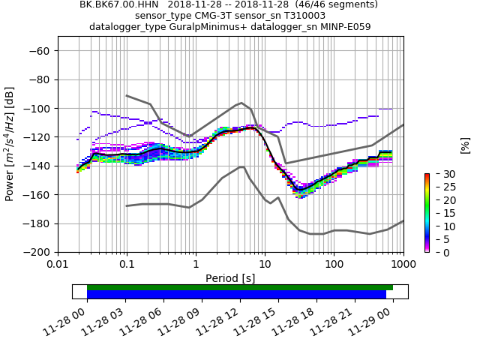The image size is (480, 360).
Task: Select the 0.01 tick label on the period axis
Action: coord(58,264)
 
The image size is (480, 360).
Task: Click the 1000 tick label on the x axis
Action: coord(403,264)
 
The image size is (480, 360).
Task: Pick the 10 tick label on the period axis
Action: coord(265,264)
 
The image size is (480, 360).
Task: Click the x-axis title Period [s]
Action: coord(230,277)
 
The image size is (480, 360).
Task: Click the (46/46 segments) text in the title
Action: coord(330,4)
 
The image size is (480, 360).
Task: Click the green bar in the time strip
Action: coord(240,287)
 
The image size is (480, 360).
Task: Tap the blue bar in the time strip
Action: coord(236,295)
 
